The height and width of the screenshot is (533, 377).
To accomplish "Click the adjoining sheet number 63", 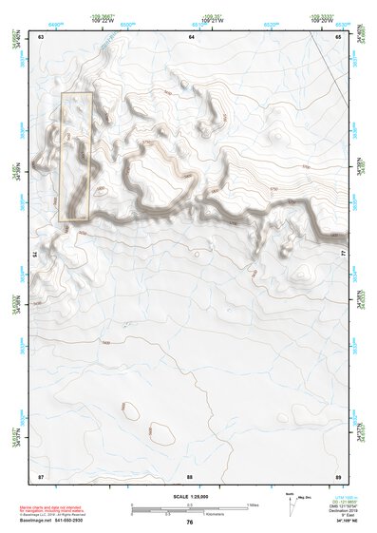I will [x=42, y=36].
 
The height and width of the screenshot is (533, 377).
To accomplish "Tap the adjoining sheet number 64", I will [x=191, y=36].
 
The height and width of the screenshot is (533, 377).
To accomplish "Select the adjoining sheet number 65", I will [x=338, y=36].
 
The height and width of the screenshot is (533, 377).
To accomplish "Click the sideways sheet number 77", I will [x=342, y=255].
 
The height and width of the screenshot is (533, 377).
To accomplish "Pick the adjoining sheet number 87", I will [x=42, y=474].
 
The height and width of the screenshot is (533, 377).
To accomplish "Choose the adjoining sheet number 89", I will [x=337, y=474].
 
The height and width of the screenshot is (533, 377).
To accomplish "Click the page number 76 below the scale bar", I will [x=190, y=522].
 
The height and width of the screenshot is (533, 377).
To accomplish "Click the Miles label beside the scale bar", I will [x=254, y=504].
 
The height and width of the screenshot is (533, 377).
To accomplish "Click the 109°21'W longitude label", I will [x=211, y=21].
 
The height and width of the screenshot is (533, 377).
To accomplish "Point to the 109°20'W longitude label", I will [x=321, y=21].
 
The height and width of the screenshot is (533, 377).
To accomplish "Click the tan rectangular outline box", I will [x=76, y=157].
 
